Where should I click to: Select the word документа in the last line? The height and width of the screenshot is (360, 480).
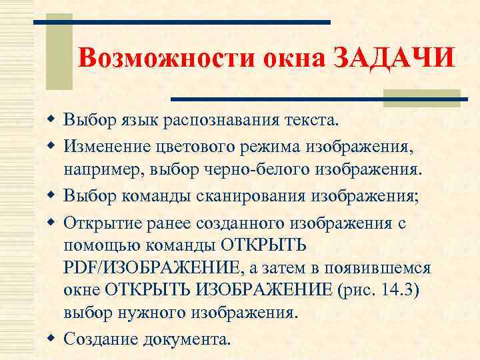coord(185,339)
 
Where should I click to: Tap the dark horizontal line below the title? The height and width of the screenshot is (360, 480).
coord(317,99)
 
